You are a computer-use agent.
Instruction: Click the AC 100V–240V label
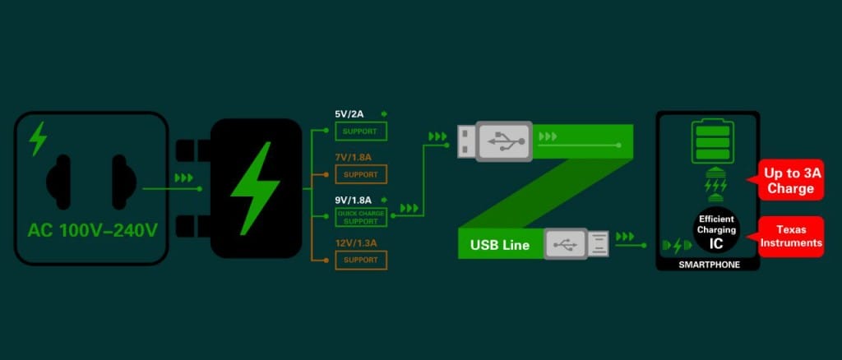point(91,230)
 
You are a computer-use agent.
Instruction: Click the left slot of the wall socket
point(60,178)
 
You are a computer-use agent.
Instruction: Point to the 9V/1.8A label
point(353,200)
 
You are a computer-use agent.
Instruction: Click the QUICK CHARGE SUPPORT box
point(360,218)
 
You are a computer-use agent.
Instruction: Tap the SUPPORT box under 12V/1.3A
point(360,260)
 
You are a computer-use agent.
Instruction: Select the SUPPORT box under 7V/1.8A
point(360,174)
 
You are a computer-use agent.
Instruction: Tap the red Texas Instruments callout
point(791,237)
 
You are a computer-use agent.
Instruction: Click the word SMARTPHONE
point(708,265)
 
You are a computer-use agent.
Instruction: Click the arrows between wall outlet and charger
point(183,177)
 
